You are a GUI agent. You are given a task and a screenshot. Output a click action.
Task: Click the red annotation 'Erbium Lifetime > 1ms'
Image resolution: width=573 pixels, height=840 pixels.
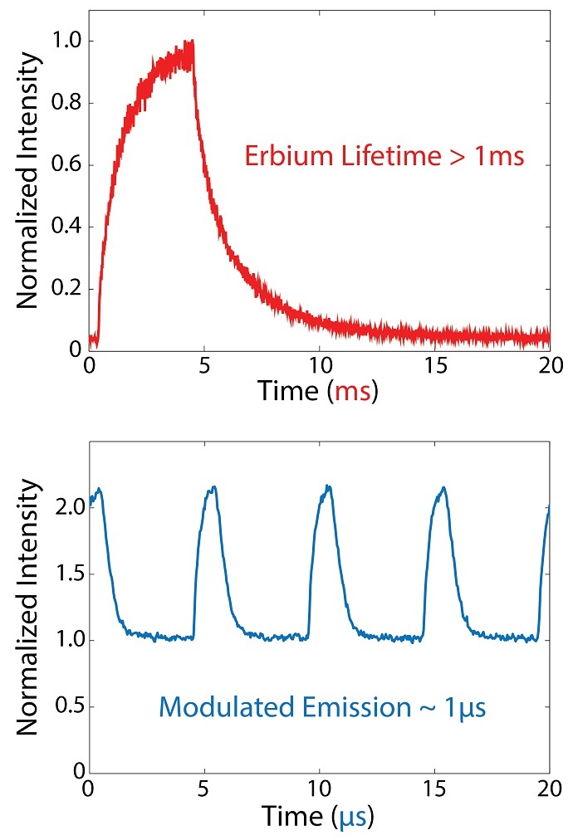click(384, 155)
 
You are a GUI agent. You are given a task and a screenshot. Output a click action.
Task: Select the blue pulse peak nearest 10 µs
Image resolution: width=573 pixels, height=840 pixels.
click(328, 486)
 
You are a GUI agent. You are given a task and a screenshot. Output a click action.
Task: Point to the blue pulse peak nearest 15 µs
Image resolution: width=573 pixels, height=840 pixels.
click(443, 488)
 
